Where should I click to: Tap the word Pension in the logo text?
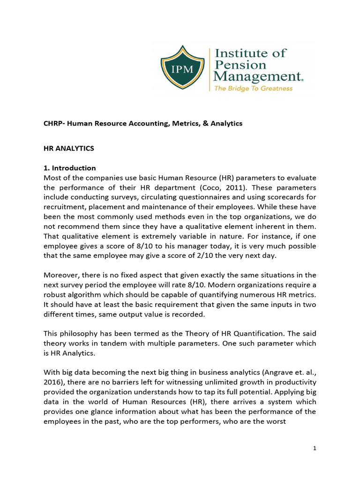click(x=240, y=65)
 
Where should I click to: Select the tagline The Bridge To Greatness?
click(x=253, y=88)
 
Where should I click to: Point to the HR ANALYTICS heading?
click(x=69, y=148)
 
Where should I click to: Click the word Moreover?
click(x=61, y=276)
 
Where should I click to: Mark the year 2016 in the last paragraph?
click(x=52, y=383)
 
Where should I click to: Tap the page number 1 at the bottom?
click(x=315, y=449)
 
